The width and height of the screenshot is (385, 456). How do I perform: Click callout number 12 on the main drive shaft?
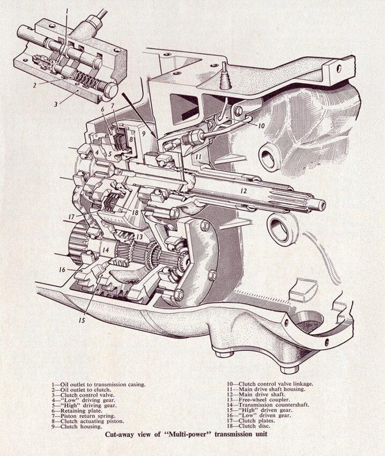tap(243, 191)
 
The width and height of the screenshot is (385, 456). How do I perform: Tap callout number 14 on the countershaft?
tap(105, 250)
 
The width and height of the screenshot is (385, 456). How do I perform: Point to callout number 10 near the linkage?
tap(261, 126)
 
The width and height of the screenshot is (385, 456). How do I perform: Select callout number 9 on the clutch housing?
tap(144, 134)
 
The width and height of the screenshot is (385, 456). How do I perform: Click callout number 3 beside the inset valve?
tap(56, 104)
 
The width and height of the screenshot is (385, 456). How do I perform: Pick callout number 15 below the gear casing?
tap(82, 320)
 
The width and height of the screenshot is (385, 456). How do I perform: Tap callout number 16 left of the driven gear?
tap(62, 270)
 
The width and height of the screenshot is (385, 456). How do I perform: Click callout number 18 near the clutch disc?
tap(135, 212)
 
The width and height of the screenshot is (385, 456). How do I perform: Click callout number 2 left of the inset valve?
tap(35, 85)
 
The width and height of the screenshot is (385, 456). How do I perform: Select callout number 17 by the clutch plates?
tap(71, 217)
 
